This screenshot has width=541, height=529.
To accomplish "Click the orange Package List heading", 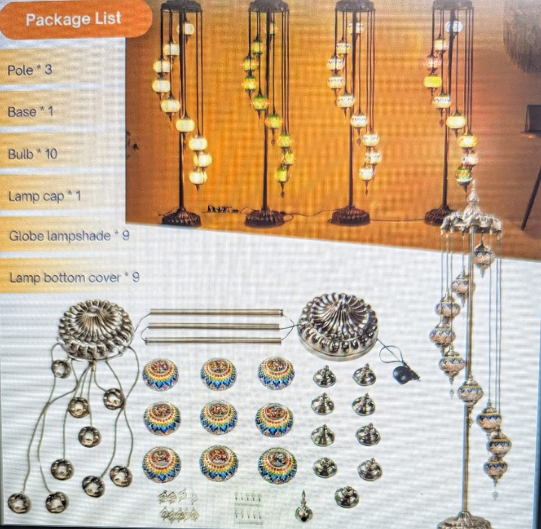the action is [x=74, y=19].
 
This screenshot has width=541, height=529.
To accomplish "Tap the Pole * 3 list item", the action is [x=30, y=70].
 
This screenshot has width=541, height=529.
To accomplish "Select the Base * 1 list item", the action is [x=30, y=112].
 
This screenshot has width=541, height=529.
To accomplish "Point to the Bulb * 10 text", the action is [x=32, y=154].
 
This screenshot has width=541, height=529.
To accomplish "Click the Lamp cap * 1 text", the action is [x=44, y=197].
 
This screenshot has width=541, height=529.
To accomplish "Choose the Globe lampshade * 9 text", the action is [x=69, y=236].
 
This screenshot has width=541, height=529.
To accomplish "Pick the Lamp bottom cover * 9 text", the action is [x=75, y=278].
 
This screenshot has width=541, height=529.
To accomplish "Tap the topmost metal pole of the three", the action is [x=217, y=313].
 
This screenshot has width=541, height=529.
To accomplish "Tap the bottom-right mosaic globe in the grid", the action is [x=278, y=462].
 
